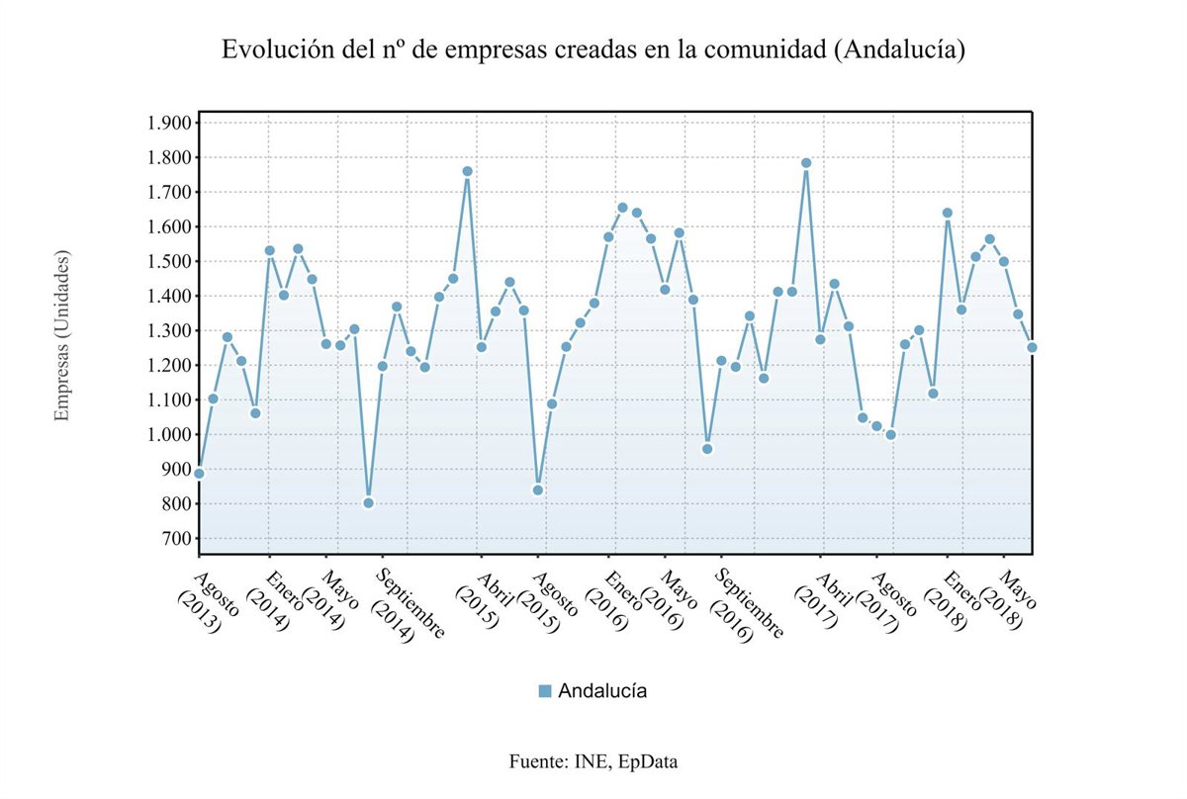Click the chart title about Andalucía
click(x=593, y=49)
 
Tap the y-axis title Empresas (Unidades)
click(x=62, y=336)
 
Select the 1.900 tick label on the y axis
click(x=166, y=123)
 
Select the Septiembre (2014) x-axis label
click(x=407, y=605)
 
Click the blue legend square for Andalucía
click(x=545, y=691)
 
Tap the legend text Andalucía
click(x=602, y=691)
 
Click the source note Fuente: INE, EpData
click(x=593, y=761)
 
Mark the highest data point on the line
click(x=806, y=163)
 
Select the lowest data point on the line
click(x=369, y=502)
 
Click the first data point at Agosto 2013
click(x=199, y=473)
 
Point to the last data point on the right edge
click(x=1032, y=347)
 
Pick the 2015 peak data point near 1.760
click(x=467, y=171)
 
